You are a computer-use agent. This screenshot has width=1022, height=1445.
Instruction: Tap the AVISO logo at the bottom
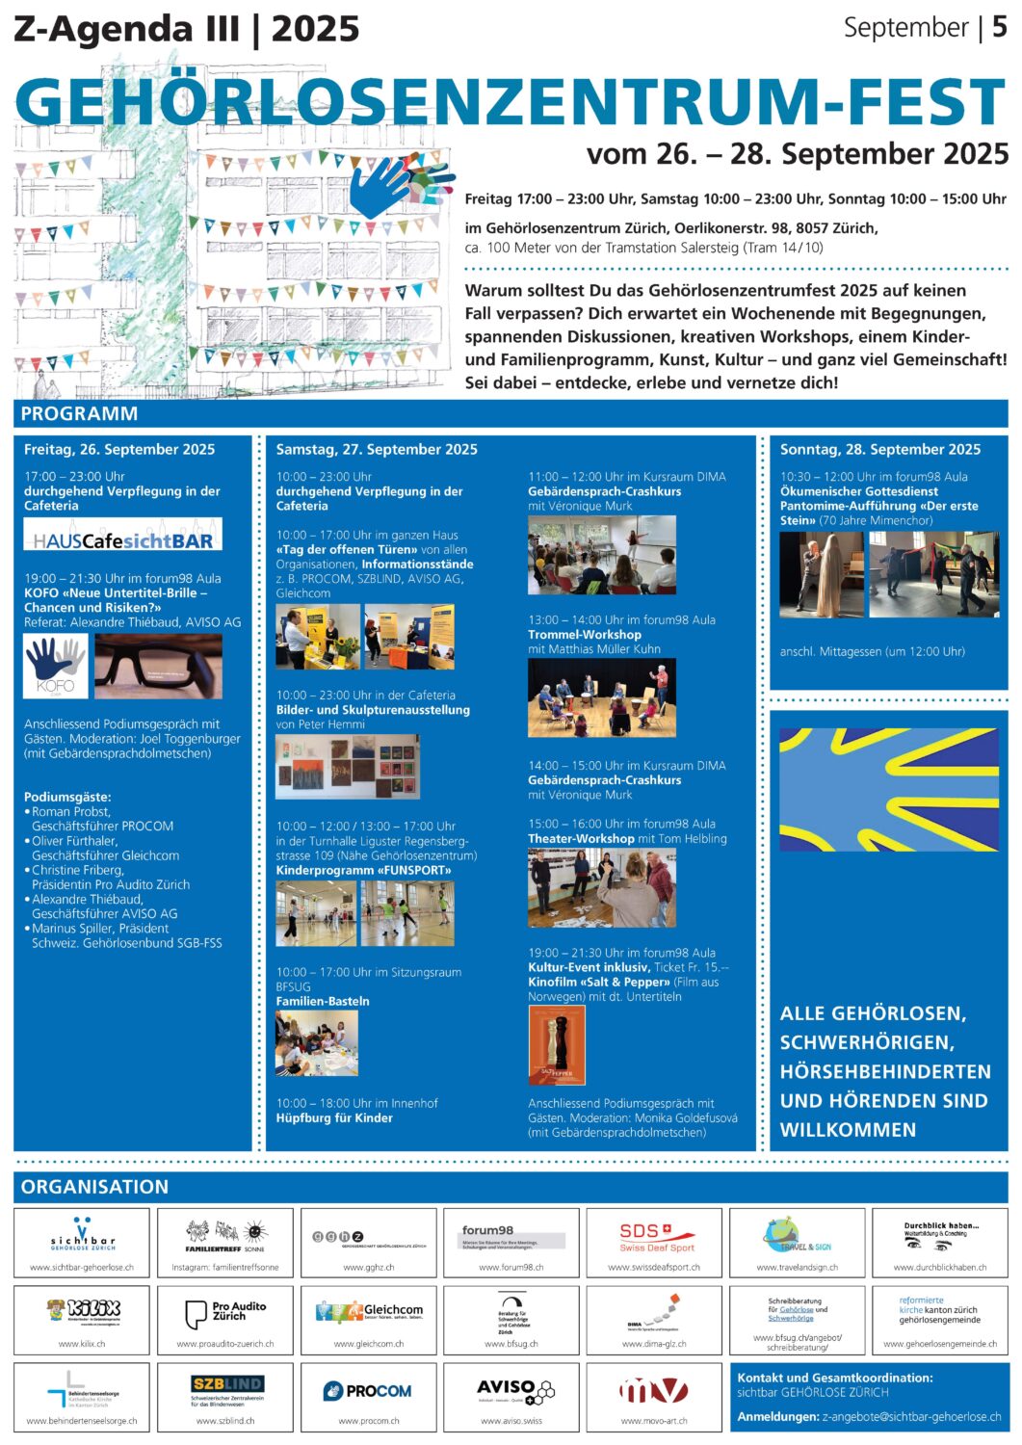click(511, 1389)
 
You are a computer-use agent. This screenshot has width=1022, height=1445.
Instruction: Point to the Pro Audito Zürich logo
click(225, 1312)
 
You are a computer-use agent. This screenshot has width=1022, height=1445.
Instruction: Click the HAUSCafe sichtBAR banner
click(122, 535)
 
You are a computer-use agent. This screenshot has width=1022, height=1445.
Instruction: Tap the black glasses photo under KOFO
click(158, 667)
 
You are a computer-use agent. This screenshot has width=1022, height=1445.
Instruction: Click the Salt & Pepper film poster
click(556, 1045)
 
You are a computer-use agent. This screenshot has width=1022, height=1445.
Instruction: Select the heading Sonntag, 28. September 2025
click(879, 449)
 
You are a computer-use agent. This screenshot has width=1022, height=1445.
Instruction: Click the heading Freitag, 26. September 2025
click(119, 449)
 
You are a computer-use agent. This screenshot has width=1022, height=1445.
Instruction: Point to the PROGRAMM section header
click(79, 413)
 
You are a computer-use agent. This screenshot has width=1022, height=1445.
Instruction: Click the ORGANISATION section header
click(94, 1187)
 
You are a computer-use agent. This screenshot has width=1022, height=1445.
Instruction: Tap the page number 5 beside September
click(999, 27)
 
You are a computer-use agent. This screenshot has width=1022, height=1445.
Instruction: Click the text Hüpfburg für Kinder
click(334, 1118)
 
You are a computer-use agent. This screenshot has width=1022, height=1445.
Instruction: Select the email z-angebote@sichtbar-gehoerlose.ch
click(911, 1417)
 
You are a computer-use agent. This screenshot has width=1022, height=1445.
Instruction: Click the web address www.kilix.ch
click(82, 1344)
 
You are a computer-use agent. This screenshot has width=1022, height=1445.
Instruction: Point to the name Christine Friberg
click(78, 870)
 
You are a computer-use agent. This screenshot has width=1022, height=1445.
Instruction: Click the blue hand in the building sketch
click(381, 187)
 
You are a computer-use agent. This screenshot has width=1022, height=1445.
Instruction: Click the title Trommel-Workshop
click(584, 635)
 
